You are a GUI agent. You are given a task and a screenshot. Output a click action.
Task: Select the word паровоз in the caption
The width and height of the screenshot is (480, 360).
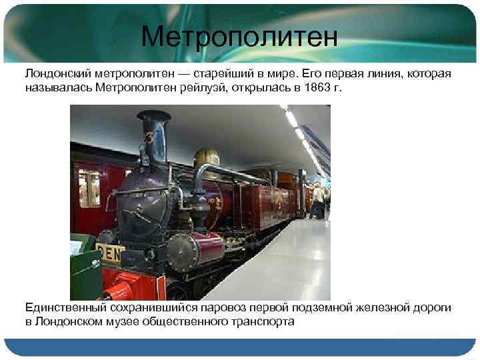coord(218,307)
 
